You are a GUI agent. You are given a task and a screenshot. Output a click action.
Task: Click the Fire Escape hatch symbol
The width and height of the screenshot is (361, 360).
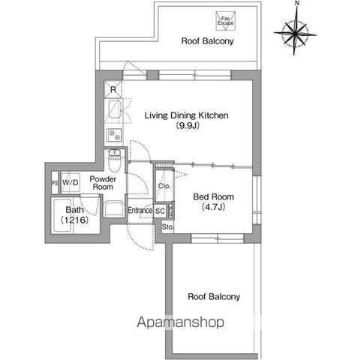[x=226, y=21]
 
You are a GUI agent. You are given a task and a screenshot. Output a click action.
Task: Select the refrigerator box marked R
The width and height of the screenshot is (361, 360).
[x=113, y=89]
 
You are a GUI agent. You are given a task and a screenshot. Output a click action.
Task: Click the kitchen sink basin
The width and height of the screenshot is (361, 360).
[x=115, y=109]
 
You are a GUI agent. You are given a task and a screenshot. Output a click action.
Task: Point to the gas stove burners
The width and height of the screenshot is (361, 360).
[x=114, y=135]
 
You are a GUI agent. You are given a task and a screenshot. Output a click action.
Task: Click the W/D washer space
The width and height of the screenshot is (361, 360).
[x=71, y=182]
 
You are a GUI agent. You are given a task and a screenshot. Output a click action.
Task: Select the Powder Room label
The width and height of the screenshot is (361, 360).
[x=103, y=183]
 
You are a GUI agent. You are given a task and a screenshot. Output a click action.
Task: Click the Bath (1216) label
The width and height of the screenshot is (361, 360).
[x=74, y=214]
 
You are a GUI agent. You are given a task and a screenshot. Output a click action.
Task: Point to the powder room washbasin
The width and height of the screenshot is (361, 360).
[x=114, y=209]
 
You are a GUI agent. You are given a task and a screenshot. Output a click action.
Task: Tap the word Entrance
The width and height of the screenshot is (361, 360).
[x=140, y=210]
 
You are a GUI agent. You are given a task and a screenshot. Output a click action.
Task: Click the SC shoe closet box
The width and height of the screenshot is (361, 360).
[x=160, y=211]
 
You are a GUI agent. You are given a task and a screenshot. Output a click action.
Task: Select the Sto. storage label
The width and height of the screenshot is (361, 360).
[x=167, y=227]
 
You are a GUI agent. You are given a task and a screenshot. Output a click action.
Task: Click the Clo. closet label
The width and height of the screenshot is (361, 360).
[x=164, y=186]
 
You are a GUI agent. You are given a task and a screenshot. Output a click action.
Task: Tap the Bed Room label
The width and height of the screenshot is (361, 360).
[x=213, y=196]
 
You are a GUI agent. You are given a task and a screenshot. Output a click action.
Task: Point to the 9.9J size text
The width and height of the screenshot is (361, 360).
[x=188, y=125]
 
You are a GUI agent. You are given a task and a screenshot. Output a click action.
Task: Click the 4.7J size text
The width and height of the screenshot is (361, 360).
[x=213, y=207]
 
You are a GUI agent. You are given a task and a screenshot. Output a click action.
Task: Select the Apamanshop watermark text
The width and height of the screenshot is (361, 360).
[x=180, y=322]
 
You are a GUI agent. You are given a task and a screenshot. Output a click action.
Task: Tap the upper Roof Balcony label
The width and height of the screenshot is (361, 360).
[x=207, y=41]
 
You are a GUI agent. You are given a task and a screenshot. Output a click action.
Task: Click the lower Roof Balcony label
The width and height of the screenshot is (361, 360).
[x=214, y=297]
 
